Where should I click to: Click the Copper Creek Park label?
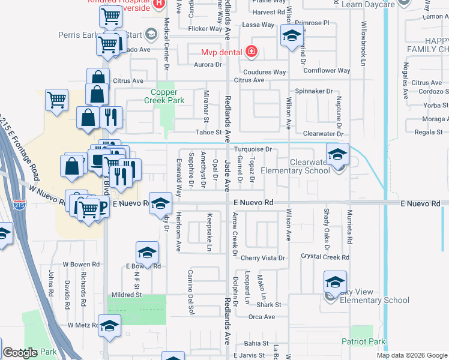(167, 97)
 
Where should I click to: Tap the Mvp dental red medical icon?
(251, 52)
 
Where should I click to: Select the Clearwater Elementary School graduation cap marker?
(337, 154)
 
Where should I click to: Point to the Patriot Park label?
(367, 341)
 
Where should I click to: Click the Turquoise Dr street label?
(253, 149)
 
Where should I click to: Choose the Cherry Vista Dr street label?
(262, 258)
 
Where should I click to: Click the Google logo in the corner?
(20, 353)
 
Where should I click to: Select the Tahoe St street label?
(209, 133)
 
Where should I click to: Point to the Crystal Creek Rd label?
(325, 257)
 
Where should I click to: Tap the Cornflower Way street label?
(327, 71)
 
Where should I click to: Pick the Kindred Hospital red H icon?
(158, 4)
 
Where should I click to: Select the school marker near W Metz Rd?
(109, 326)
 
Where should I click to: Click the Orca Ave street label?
(261, 317)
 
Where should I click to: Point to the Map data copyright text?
(412, 355)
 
